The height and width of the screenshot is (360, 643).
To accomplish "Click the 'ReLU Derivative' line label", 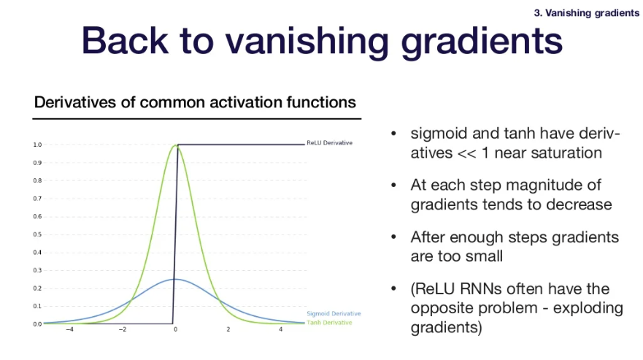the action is (x=329, y=143).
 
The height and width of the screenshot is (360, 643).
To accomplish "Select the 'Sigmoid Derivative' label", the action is (x=334, y=313).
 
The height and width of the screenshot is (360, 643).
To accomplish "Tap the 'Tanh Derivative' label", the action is (x=329, y=323).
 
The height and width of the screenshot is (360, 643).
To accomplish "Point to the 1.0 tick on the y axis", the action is (x=37, y=145).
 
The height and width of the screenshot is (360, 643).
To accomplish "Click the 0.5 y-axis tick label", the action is (x=37, y=234).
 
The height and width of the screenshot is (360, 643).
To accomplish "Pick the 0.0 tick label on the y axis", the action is (x=37, y=324).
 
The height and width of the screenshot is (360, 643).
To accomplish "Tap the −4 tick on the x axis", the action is (x=70, y=329).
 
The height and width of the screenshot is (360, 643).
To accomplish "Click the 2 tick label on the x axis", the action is (x=228, y=329).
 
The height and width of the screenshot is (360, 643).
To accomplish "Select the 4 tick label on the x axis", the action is (x=280, y=329).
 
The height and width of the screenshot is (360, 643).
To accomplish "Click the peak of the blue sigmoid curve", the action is (x=175, y=279).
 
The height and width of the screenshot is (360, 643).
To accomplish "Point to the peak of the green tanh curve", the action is (x=176, y=145).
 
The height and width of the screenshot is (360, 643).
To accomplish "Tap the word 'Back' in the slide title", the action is (x=125, y=40).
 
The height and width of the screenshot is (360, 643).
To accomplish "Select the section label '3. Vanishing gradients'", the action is (x=586, y=13).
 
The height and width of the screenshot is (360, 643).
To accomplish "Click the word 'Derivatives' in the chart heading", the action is (x=75, y=102).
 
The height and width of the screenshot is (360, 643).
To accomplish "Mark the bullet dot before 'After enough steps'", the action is (x=393, y=237).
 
